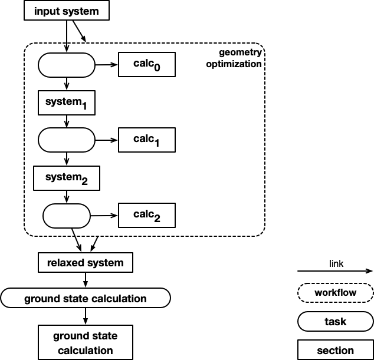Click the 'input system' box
coord(67,11)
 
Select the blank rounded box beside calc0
coord(67,65)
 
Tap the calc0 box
coord(146,65)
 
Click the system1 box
coord(67,103)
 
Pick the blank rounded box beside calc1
coord(67,140)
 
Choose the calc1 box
coord(146,140)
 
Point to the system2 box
coord(67,178)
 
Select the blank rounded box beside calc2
coord(67,216)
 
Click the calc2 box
coord(146,216)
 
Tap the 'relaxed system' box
coord(86,263)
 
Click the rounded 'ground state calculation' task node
coord(86,299)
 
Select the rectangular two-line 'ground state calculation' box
coord(86,343)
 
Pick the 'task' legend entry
coord(336,322)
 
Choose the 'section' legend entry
coord(336,351)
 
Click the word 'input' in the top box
coord(47,11)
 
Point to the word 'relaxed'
coord(65,263)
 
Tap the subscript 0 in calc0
coord(156,68)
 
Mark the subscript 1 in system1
coord(84,106)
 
